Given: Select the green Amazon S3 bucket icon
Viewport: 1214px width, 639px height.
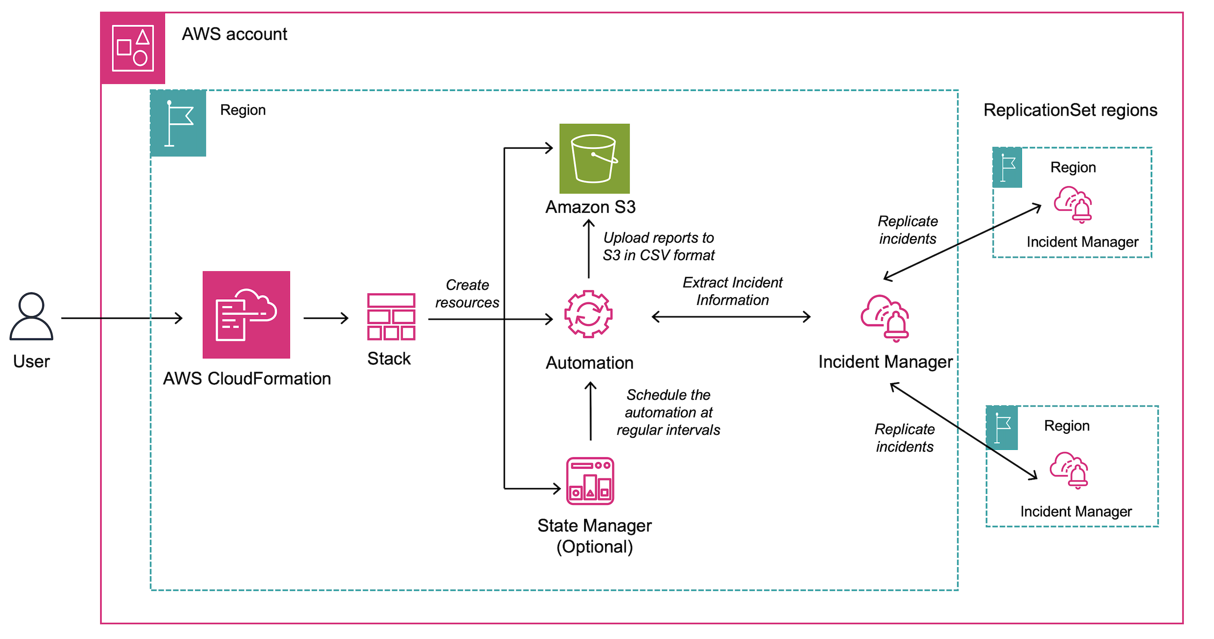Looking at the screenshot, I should [x=594, y=159].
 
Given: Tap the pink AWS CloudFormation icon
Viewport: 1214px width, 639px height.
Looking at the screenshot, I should [x=246, y=315].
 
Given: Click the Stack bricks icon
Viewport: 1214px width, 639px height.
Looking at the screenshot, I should [x=391, y=317].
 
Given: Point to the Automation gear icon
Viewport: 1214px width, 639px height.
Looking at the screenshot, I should [x=588, y=314].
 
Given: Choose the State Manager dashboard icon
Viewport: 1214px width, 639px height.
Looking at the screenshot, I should [x=590, y=480].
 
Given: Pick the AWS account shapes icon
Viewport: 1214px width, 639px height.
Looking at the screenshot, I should [x=133, y=48].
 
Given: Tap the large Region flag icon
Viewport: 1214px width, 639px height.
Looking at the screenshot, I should [x=179, y=123].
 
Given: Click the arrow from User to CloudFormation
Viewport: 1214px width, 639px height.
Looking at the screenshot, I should [x=122, y=318].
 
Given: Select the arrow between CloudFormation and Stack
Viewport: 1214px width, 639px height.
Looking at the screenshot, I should [x=326, y=318].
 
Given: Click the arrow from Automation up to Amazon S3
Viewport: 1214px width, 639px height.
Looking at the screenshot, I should [x=589, y=248].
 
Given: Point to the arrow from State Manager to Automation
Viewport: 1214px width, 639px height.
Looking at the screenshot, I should [x=590, y=411].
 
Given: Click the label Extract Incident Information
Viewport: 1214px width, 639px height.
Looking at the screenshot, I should [x=732, y=291].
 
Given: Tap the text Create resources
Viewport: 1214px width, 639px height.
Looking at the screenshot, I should [x=467, y=293].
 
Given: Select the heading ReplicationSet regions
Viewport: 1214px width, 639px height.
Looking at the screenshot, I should [x=1070, y=110].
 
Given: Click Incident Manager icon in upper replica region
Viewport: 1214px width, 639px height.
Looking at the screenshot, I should [x=1073, y=204].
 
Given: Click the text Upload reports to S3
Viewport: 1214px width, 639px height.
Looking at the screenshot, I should [x=659, y=246].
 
